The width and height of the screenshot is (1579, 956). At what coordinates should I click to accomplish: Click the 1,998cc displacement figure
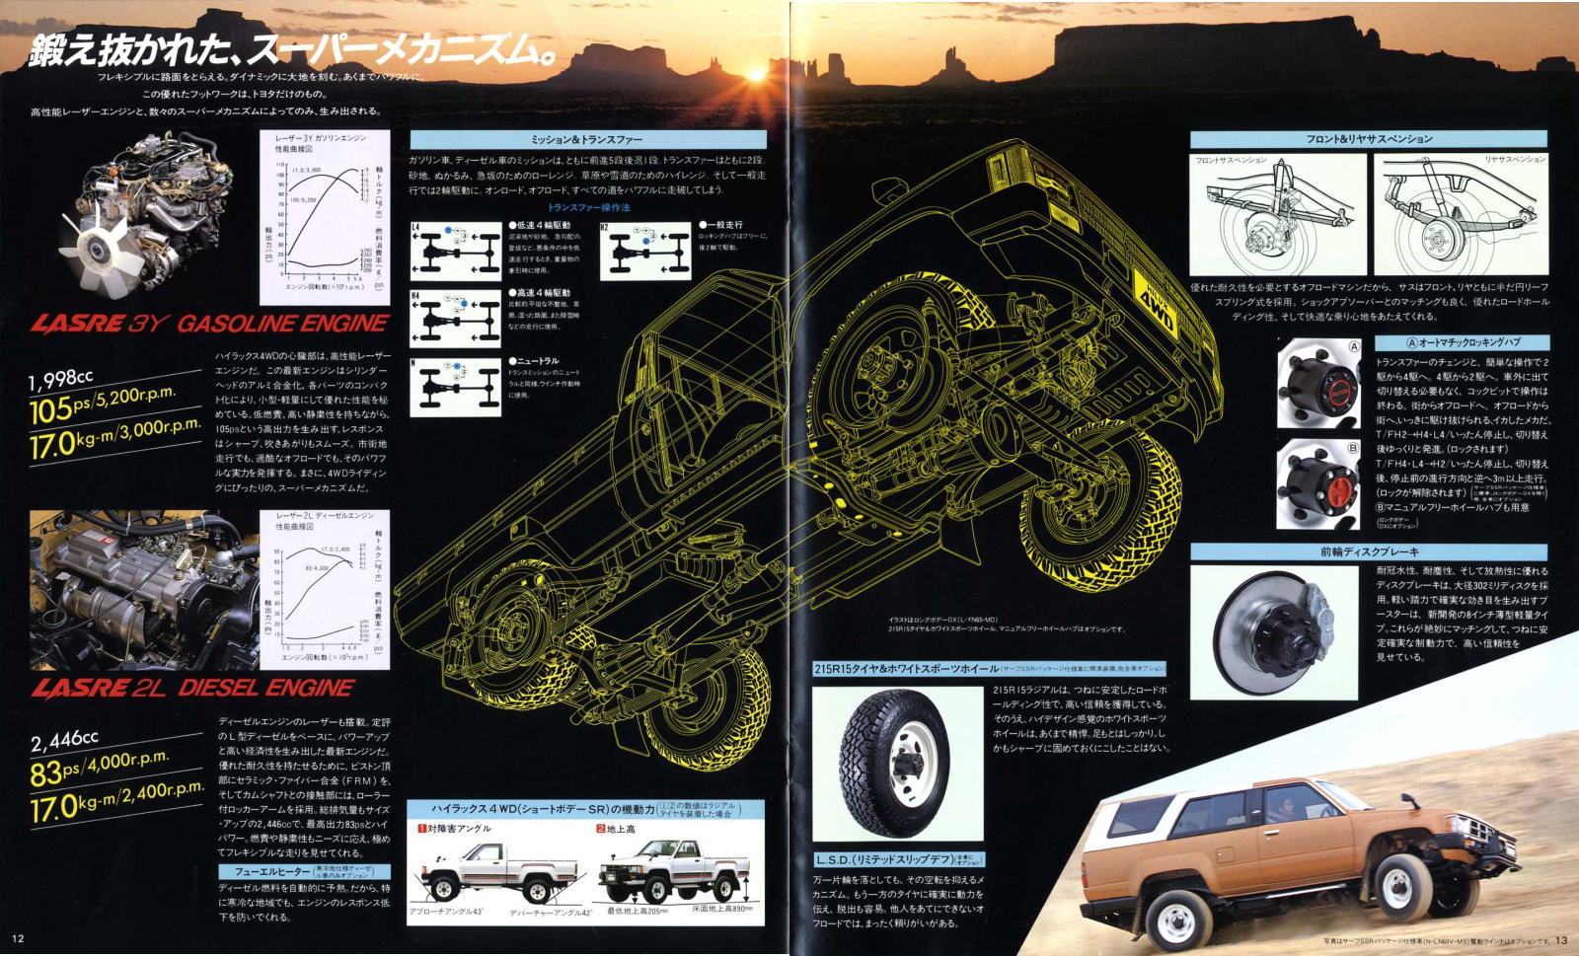coord(61,380)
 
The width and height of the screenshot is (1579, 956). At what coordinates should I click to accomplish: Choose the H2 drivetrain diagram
coord(645,252)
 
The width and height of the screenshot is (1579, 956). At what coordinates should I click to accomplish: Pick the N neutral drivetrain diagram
coord(455,386)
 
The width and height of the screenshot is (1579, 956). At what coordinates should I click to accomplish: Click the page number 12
coord(18,938)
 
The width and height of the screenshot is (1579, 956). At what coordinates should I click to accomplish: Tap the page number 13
coord(1560,940)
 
